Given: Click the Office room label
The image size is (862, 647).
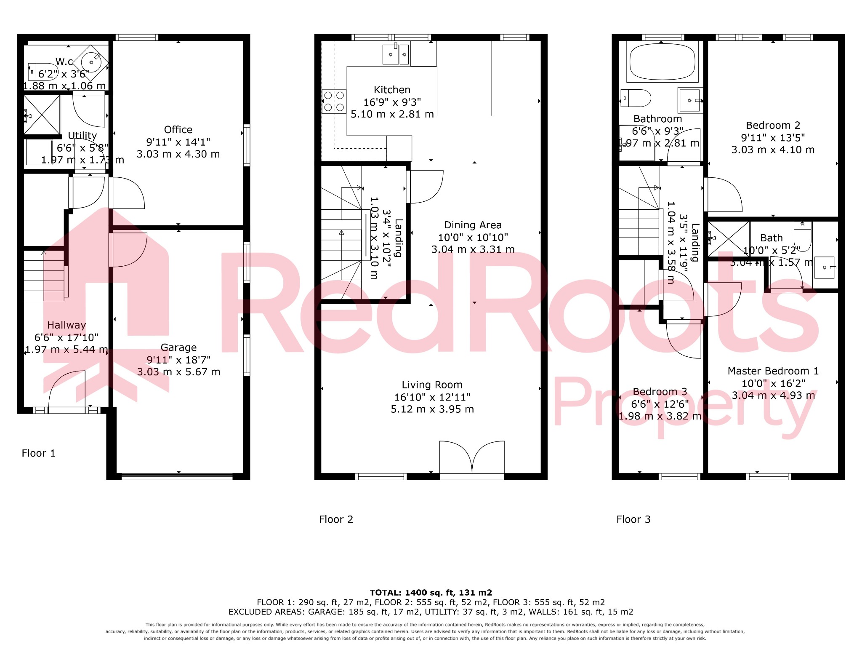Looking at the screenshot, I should (178, 130).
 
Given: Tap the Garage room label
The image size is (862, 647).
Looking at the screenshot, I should (178, 348).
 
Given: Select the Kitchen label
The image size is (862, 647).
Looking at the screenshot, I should (392, 90).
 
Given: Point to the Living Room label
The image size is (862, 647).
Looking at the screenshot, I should (432, 385).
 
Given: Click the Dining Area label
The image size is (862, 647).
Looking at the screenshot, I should (473, 225).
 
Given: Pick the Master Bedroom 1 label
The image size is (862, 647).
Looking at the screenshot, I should (773, 371).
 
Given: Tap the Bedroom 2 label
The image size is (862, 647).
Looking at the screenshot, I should (773, 126).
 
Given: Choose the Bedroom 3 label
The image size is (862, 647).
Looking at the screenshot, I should (660, 392).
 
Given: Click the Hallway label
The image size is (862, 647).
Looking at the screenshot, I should (67, 325).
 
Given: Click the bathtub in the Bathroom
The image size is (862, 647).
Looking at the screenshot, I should (662, 62).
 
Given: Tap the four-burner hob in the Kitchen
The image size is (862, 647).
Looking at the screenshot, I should (334, 102).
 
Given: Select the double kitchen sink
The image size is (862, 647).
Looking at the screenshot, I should (395, 54).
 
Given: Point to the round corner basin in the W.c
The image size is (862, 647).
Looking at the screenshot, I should (91, 62).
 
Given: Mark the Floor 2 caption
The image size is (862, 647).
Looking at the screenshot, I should (336, 519).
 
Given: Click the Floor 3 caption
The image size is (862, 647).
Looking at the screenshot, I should (633, 519).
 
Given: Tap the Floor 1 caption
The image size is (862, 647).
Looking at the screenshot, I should (38, 453).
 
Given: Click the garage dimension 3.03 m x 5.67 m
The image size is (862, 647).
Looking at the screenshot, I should (178, 372).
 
